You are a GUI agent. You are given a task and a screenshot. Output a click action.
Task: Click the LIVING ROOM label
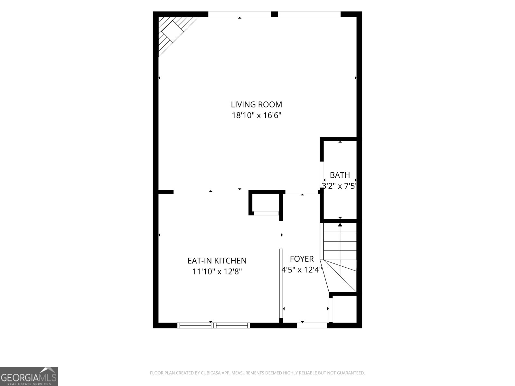(x=257, y=105)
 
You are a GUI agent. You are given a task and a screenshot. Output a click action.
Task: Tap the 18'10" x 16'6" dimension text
(x=257, y=115)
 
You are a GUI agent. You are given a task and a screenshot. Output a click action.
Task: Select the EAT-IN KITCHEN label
(x=217, y=261)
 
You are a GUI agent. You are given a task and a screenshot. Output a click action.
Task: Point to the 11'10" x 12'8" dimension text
(x=217, y=271)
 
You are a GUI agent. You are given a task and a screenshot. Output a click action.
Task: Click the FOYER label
(x=302, y=259)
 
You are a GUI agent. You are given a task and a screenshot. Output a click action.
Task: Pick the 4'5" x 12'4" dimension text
(x=302, y=270)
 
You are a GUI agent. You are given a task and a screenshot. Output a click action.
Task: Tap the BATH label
(x=340, y=175)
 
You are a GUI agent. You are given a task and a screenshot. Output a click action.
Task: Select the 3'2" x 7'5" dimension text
(x=340, y=186)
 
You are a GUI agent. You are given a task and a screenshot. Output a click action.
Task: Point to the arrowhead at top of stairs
(x=340, y=225)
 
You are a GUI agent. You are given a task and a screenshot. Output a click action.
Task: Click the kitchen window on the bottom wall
(x=213, y=325)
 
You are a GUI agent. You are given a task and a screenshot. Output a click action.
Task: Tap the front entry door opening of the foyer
(x=312, y=325)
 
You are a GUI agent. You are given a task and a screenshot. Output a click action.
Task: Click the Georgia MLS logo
(x=29, y=376)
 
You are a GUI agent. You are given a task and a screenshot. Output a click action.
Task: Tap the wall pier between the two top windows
(x=274, y=14)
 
